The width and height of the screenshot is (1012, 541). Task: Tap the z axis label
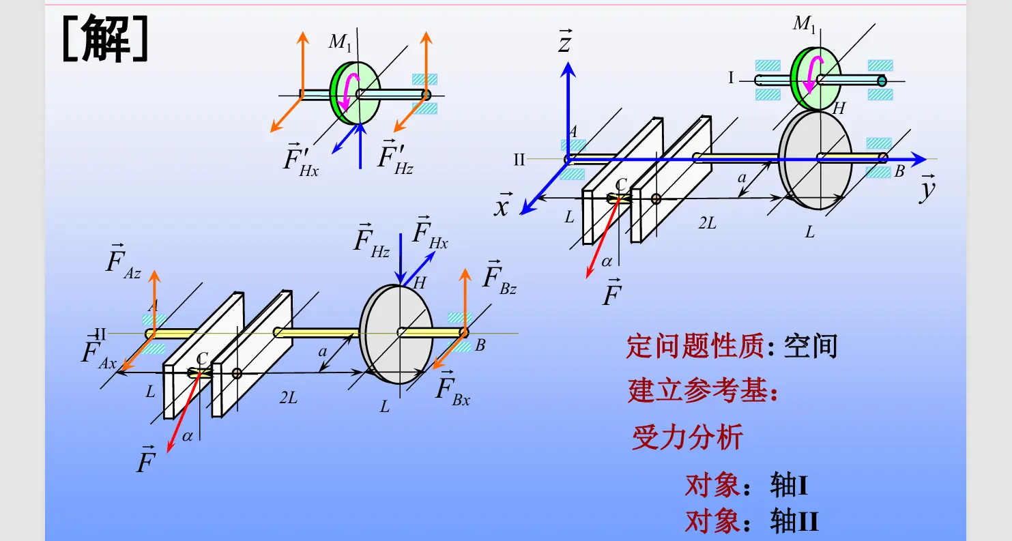(564, 43)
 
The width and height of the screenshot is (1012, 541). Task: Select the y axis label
(926, 190)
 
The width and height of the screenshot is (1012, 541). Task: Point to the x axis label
(502, 205)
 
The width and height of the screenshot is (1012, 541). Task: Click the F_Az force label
(124, 261)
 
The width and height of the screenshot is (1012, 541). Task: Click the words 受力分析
(686, 437)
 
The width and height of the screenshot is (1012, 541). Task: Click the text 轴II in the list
(794, 522)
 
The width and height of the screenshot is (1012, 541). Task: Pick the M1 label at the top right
(805, 25)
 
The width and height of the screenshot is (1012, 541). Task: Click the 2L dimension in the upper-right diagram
(707, 222)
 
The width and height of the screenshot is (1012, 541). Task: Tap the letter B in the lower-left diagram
(480, 346)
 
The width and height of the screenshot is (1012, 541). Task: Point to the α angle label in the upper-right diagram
(607, 261)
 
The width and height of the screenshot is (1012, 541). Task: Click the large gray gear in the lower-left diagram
(396, 334)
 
